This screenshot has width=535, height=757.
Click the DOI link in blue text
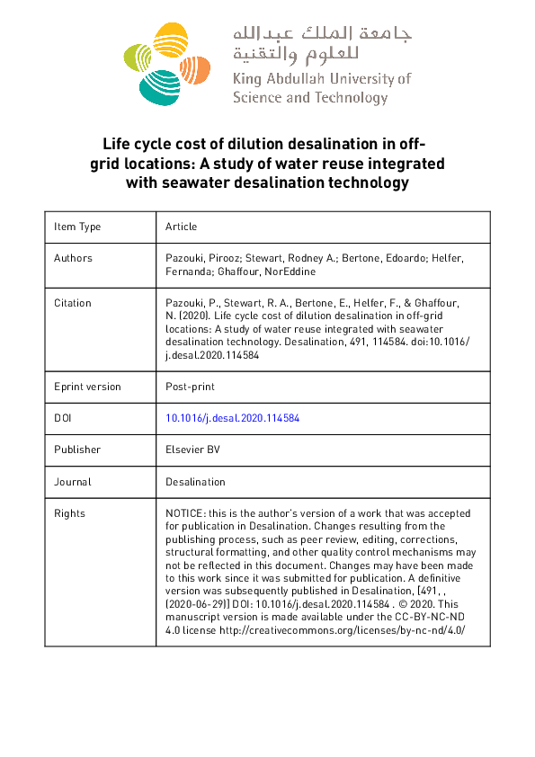tap(232, 418)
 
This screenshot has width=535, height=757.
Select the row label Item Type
tap(77, 227)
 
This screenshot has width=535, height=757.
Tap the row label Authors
tap(73, 258)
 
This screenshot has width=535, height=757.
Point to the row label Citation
tap(73, 303)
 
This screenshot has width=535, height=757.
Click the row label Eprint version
tap(87, 387)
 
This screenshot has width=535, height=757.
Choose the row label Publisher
tap(77, 450)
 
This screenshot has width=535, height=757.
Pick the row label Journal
tap(73, 482)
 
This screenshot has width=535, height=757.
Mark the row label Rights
tap(69, 513)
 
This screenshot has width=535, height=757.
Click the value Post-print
tap(190, 387)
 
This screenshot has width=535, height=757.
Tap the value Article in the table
tap(181, 227)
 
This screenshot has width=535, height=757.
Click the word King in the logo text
tap(247, 79)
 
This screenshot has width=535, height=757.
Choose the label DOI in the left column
tap(63, 418)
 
